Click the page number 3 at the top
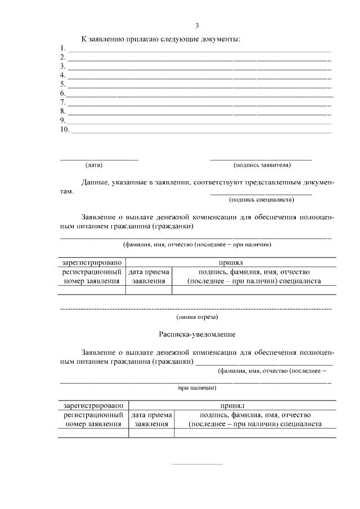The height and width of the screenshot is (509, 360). [x=197, y=25]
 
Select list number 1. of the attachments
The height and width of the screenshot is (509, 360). [x=62, y=48]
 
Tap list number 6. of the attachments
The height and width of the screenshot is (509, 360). [x=62, y=93]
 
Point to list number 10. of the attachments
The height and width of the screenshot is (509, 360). [x=64, y=130]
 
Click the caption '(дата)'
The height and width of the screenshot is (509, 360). [x=94, y=165]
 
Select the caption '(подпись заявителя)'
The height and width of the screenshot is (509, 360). [x=262, y=165]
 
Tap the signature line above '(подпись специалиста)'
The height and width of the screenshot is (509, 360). [x=260, y=194]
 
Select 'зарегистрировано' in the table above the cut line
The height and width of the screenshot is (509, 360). [x=92, y=263]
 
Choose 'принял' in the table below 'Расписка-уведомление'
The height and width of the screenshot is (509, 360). [x=232, y=405]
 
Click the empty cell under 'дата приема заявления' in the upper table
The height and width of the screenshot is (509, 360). [x=148, y=290]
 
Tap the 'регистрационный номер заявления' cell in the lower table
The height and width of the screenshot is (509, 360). [x=93, y=420]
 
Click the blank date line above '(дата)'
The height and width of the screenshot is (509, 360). [x=99, y=160]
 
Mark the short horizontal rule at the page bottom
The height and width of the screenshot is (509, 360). [x=197, y=464]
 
